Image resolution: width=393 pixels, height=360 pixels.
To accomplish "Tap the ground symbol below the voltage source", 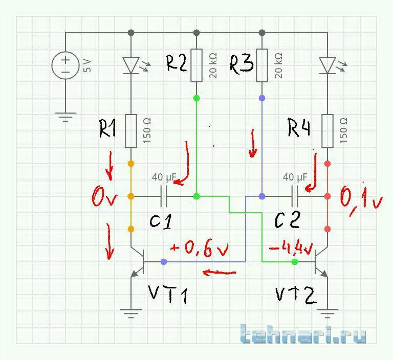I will click(65, 117).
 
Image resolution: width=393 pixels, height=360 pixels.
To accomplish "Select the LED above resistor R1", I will click(132, 65).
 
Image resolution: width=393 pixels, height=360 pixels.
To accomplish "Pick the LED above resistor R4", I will click(327, 65).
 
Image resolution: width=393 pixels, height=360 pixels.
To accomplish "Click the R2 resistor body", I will click(196, 65).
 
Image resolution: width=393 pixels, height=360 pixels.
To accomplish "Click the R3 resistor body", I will click(262, 65).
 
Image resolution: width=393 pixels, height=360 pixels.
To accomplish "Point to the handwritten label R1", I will click(107, 128).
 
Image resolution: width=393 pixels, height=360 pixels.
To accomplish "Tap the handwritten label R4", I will click(299, 128).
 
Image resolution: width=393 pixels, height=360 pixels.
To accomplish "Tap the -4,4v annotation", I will click(290, 249).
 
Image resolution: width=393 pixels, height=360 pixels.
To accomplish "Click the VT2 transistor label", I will click(295, 294).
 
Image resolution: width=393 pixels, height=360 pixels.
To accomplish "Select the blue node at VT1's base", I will click(164, 262).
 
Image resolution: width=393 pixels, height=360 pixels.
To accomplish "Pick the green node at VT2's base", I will click(294, 262).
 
